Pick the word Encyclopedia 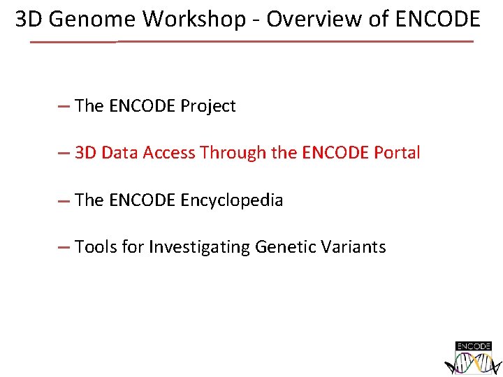232,200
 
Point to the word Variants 355,247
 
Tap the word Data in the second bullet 119,153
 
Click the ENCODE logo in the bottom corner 473,357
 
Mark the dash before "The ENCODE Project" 64,107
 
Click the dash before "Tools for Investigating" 64,248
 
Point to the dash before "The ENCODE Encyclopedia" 64,201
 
